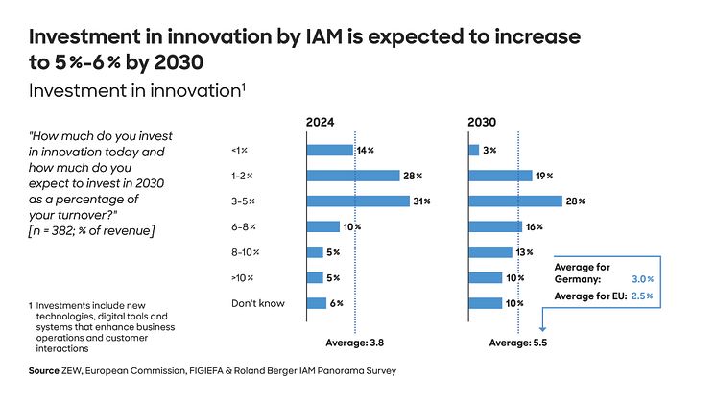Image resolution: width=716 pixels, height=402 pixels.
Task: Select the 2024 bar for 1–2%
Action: coord(352,176)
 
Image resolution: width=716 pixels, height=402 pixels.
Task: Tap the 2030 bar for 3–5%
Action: coord(514,201)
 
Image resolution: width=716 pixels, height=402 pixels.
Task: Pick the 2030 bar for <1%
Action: coord(473,150)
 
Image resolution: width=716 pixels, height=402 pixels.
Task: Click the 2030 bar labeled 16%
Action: coord(495,226)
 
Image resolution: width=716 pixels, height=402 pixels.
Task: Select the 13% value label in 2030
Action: coord(524,252)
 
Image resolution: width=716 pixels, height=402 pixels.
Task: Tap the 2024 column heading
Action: coord(322,123)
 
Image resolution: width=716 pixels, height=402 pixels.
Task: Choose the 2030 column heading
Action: coord(483,123)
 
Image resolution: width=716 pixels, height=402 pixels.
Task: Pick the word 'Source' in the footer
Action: coord(44,369)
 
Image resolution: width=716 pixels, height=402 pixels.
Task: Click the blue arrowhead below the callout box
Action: coord(542,326)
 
